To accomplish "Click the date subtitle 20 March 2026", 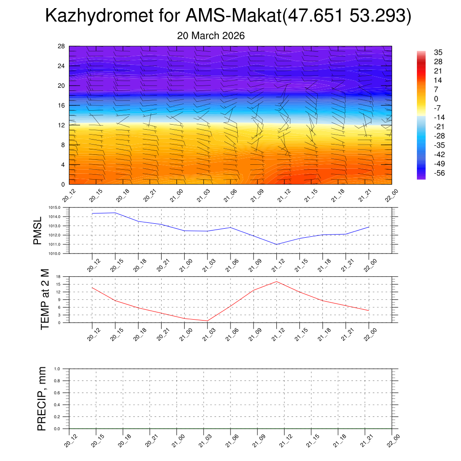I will (211, 36).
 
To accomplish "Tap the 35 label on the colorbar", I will (438, 52).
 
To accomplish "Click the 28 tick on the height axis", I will (62, 46).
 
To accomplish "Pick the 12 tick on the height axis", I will (62, 125).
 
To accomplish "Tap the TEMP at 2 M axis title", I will (45, 300).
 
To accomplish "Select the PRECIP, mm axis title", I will (42, 399).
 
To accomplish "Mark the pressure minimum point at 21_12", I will (277, 244).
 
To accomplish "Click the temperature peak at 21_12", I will (276, 281).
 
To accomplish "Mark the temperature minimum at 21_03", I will (208, 321).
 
